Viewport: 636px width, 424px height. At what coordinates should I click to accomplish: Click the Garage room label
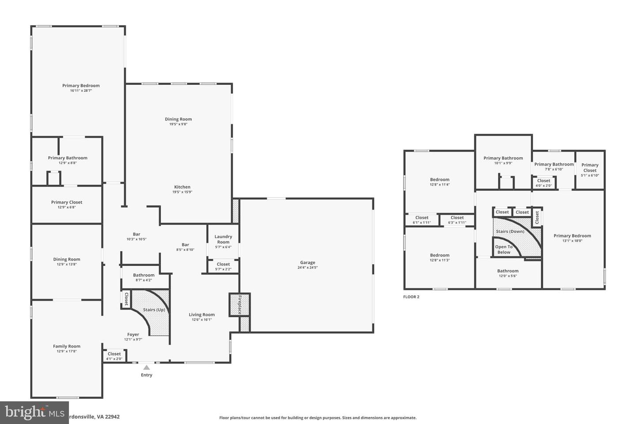(x=307, y=263)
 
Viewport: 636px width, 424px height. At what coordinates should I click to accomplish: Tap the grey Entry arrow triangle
(x=146, y=367)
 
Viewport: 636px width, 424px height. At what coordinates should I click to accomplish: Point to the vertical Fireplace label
(x=240, y=304)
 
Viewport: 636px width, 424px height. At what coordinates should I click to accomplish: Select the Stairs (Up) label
(x=154, y=310)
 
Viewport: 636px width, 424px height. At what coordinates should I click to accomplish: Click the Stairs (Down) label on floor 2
(x=510, y=231)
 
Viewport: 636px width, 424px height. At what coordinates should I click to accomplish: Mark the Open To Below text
(x=503, y=250)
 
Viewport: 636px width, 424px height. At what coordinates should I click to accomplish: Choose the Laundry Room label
(x=223, y=239)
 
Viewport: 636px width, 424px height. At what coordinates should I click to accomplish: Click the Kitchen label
(x=182, y=187)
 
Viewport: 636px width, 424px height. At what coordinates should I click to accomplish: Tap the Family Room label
(x=67, y=347)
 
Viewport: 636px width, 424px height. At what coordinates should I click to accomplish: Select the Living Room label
(x=201, y=315)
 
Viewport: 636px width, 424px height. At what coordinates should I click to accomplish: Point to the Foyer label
(x=133, y=335)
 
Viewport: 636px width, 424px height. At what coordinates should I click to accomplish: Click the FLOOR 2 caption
(x=411, y=297)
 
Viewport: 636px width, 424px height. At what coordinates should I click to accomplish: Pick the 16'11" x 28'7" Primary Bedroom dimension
(x=81, y=91)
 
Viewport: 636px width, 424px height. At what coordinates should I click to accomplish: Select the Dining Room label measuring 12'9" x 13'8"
(x=67, y=260)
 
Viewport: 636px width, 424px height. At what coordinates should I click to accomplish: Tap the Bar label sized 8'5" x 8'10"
(x=185, y=245)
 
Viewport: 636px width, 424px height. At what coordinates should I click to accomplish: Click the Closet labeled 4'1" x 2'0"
(x=114, y=354)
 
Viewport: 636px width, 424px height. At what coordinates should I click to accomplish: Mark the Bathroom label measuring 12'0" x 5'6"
(x=507, y=271)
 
